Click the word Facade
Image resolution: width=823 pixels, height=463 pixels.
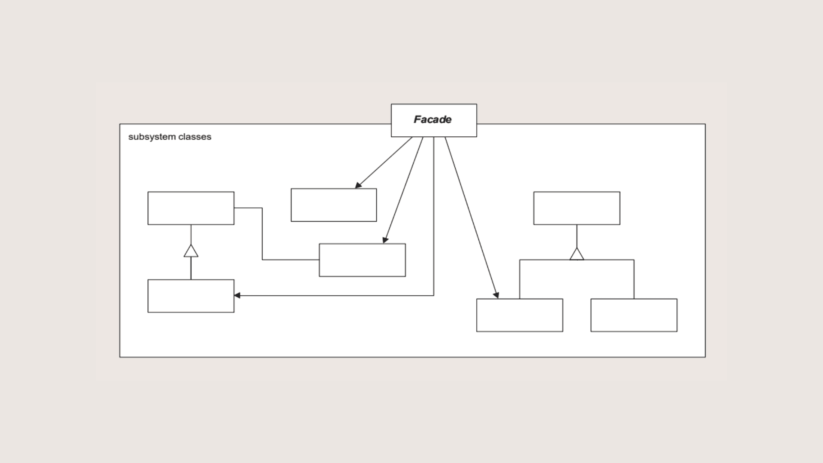[x=432, y=120]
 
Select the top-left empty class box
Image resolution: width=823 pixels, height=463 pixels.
[x=191, y=208]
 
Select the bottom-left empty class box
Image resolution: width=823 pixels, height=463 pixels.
[x=191, y=296]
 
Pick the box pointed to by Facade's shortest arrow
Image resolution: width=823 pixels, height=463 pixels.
[x=333, y=205]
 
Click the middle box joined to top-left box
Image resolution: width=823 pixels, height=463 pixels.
[x=362, y=260]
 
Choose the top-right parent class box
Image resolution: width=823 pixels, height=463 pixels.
[x=577, y=208]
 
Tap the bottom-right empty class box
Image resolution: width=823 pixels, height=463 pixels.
[x=634, y=315]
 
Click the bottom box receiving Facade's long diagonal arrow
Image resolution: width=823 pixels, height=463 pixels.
[x=520, y=315]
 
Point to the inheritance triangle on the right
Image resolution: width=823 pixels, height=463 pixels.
[x=577, y=255]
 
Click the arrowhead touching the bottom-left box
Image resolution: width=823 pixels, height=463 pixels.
[x=237, y=295]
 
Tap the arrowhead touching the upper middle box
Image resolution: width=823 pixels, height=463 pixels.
[x=358, y=185]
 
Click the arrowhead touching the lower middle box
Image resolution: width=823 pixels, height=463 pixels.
[x=385, y=240]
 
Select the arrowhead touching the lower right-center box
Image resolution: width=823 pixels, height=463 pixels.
[x=496, y=295]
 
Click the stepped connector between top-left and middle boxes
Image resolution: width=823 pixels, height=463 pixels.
[x=262, y=234]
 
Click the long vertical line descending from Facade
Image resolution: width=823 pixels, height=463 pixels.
[x=433, y=214]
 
